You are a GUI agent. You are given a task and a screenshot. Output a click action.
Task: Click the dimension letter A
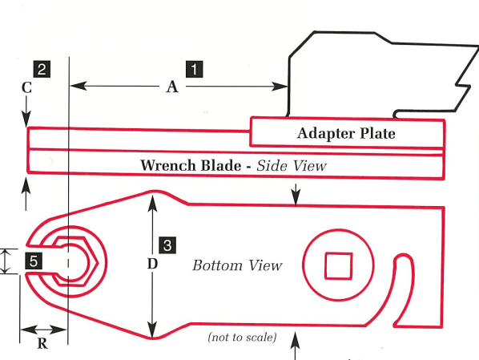[171, 88]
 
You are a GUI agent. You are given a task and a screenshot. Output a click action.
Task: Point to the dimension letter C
[26, 88]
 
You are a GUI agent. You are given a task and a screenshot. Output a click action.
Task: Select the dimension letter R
[43, 345]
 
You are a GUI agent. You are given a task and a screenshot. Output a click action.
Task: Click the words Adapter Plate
[346, 133]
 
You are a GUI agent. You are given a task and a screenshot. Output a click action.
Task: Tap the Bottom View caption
[237, 265]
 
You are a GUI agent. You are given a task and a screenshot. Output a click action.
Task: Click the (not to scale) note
[242, 338]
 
